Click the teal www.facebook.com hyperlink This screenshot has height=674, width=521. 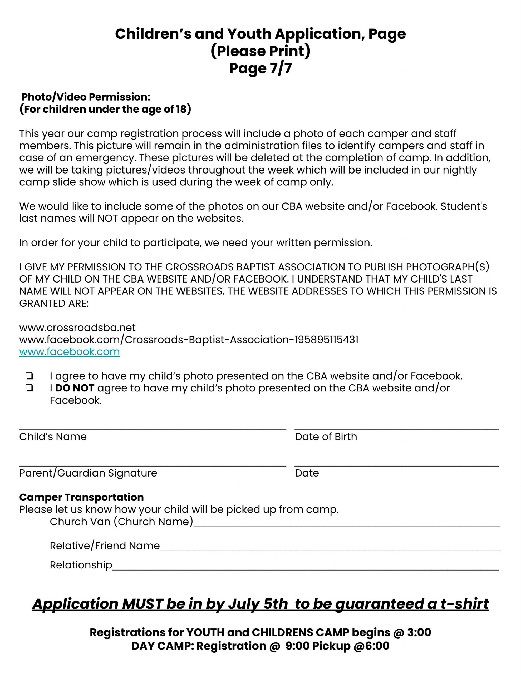(x=70, y=352)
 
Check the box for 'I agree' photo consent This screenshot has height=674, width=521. (x=30, y=376)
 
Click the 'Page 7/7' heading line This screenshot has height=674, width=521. (x=260, y=68)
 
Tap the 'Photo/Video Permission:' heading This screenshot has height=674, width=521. (x=86, y=97)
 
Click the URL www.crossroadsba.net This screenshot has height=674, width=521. (x=77, y=328)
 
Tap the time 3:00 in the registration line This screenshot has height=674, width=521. (x=419, y=632)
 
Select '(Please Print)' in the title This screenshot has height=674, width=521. (x=260, y=51)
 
